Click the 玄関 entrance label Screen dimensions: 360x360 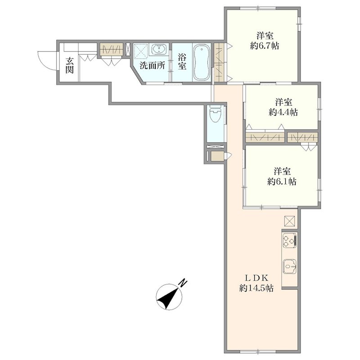coord(69,65)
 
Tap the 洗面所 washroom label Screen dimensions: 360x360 coord(153,66)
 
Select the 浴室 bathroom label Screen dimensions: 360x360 coord(182,62)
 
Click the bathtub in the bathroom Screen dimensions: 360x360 coord(202,63)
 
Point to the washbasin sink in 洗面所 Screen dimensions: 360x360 coord(158,49)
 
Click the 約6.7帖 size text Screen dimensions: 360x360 coord(265,46)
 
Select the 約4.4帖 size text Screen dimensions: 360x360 coord(283,112)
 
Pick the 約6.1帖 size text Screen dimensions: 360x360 coord(282,182)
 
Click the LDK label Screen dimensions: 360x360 coord(256,278)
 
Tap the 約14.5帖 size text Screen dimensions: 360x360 coord(256,288)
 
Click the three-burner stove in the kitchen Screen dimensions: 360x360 coord(290,240)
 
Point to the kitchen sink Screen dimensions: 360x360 coord(290,266)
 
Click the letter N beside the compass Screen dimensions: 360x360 coord(183,283)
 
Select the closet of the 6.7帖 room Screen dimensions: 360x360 coord(219,62)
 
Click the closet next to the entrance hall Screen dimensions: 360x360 coord(111,49)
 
